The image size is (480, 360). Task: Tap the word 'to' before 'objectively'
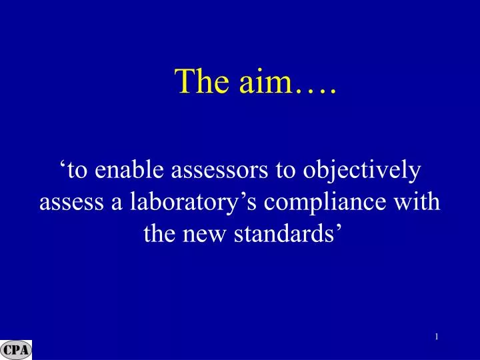[285, 171]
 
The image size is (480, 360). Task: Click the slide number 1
[436, 337]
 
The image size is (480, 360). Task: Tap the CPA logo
[16, 350]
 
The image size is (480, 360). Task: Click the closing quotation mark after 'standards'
[340, 228]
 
